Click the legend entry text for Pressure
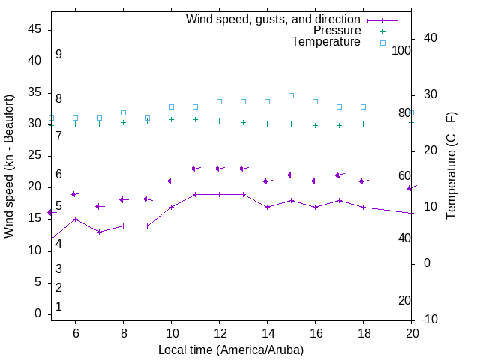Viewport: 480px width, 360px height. [x=337, y=31]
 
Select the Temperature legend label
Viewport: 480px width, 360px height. [x=326, y=42]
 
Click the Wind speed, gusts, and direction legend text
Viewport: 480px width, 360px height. [x=274, y=19]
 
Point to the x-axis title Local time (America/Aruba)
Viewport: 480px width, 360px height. [x=231, y=349]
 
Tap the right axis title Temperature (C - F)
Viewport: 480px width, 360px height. [x=451, y=166]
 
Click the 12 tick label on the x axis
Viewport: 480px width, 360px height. [x=219, y=333]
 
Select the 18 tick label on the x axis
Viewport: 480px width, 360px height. [x=364, y=333]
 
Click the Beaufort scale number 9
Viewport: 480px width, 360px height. [x=58, y=55]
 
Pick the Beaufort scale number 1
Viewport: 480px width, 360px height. [x=58, y=306]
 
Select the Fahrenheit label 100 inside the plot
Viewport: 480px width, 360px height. [x=401, y=50]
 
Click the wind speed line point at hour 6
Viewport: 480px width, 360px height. [x=75, y=219]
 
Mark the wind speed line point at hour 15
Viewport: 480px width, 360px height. [x=291, y=200]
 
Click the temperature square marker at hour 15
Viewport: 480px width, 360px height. [x=291, y=96]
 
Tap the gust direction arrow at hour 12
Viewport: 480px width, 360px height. [x=219, y=169]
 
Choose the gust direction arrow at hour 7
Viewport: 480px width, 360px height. [x=99, y=206]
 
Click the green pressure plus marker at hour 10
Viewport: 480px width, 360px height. [x=171, y=119]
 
